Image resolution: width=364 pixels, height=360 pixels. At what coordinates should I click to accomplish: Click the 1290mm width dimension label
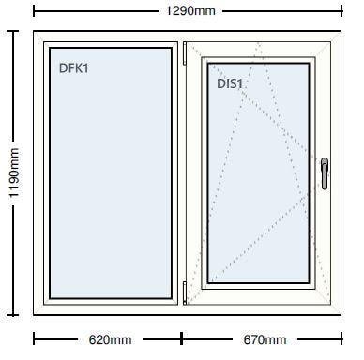(190, 11)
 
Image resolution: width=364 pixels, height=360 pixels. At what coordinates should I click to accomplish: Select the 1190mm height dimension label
(14, 172)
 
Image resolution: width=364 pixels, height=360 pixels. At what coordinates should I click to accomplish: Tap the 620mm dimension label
(110, 339)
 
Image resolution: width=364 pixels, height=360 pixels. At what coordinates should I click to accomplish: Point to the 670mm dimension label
(265, 339)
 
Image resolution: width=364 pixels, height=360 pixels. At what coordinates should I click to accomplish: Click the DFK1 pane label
(74, 68)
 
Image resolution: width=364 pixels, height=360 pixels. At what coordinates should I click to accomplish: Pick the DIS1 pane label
(230, 83)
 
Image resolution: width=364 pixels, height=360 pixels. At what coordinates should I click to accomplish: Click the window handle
(325, 173)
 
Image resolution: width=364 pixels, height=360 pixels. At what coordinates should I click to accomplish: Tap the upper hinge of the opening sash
(185, 53)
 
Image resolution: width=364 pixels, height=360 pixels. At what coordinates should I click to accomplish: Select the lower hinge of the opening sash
(185, 292)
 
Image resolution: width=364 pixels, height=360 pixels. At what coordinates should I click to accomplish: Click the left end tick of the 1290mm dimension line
(34, 11)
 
